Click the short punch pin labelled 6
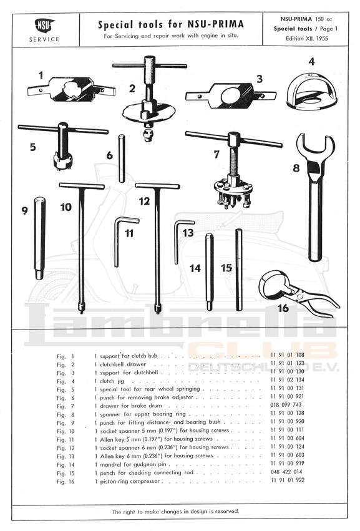click(121, 158)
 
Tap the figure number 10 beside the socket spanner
click(66, 207)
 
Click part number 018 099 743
click(286, 405)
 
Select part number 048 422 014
click(286, 472)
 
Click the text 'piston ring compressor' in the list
click(130, 481)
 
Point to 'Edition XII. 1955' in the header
click(307, 38)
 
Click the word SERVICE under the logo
click(44, 39)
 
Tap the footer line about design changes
click(176, 512)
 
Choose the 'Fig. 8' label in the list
click(66, 414)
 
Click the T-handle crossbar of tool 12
click(157, 186)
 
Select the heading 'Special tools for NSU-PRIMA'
click(171, 24)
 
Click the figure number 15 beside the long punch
click(226, 268)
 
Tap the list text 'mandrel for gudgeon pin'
click(133, 465)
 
